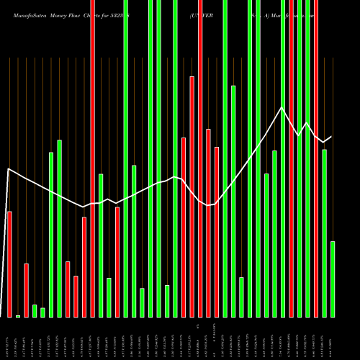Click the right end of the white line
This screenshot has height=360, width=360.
click(x=331, y=137)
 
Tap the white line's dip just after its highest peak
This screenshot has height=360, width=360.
click(x=298, y=135)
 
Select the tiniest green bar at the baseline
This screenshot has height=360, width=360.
click(x=18, y=315)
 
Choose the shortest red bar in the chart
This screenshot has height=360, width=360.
click(x=76, y=296)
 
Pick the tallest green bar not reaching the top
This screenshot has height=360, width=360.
click(x=233, y=201)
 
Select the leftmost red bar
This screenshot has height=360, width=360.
click(x=9, y=264)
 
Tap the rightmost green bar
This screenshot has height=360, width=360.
click(x=333, y=279)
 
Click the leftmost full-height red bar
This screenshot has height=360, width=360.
click(x=92, y=158)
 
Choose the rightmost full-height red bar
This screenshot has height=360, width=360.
click(x=316, y=158)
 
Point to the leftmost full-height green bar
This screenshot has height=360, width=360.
click(x=125, y=158)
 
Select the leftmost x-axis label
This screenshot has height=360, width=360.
click(x=9, y=338)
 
